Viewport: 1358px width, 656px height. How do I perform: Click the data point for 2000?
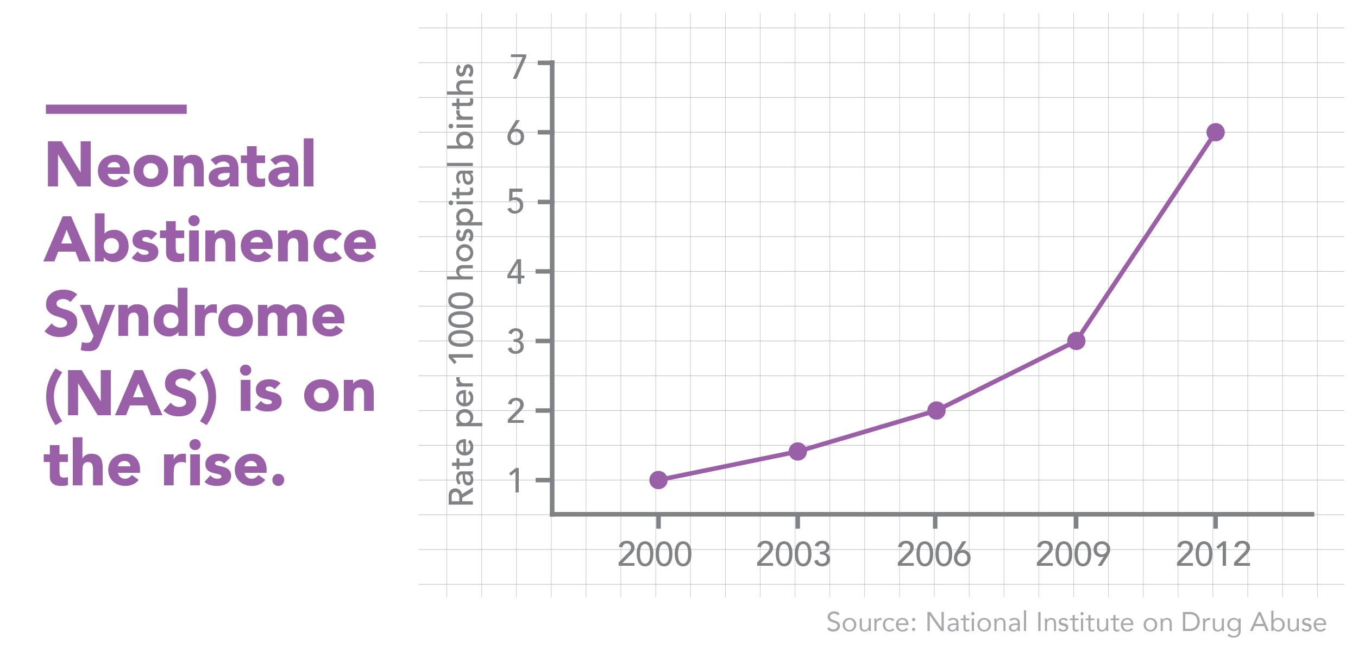click(658, 480)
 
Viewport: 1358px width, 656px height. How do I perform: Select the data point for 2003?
click(797, 451)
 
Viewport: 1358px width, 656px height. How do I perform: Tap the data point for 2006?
click(936, 410)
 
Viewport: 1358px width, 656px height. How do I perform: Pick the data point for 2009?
click(1076, 341)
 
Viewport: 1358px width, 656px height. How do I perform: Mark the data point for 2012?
click(1215, 132)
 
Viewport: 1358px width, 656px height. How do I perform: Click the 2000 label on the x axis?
click(655, 554)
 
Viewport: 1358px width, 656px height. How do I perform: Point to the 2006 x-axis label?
click(933, 554)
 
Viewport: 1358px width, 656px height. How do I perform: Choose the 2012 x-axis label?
click(1213, 554)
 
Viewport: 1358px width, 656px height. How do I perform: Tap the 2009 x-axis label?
click(1073, 554)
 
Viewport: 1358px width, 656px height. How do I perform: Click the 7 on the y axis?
click(518, 67)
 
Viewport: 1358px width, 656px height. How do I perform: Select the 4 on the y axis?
click(516, 272)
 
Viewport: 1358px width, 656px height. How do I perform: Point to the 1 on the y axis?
click(516, 481)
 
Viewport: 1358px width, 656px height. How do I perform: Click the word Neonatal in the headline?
click(180, 165)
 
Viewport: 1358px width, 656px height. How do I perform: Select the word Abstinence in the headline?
click(210, 240)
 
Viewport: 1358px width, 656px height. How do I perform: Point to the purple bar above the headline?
click(116, 109)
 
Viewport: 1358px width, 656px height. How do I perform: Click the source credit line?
click(1076, 622)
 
